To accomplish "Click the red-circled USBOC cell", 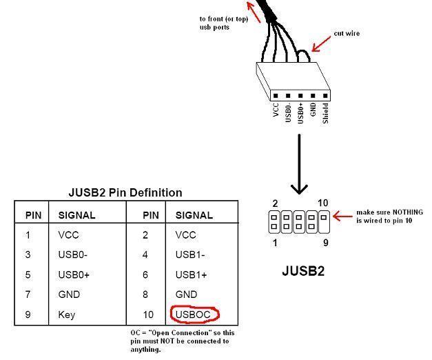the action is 195,314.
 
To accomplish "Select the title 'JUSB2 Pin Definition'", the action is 125,192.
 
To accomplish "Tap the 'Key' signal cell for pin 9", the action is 67,314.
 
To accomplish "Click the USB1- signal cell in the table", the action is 190,254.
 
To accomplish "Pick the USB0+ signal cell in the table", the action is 74,274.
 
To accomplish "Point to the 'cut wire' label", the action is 347,33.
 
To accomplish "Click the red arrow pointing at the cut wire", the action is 321,44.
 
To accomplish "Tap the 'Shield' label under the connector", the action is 325,113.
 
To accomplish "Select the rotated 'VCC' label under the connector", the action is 276,110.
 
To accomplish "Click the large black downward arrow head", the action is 299,189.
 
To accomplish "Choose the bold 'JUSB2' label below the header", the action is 303,271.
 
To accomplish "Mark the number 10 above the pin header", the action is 322,203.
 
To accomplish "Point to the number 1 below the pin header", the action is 275,243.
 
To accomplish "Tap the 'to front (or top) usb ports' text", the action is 224,23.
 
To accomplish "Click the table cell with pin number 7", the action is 28,294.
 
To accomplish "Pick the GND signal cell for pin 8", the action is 186,294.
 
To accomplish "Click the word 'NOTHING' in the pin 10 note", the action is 407,212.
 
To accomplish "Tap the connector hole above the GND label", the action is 313,96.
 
